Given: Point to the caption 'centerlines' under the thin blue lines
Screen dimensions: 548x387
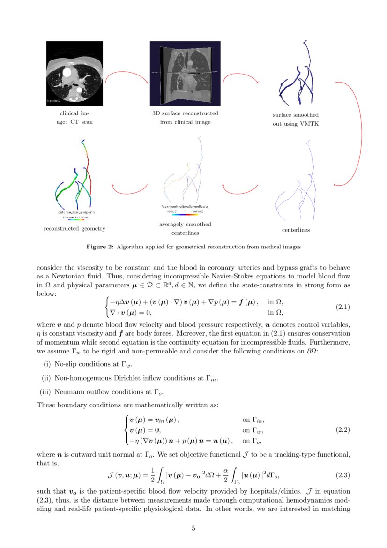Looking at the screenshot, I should click(296, 230).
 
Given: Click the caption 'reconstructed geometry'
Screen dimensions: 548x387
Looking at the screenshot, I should click(74, 229).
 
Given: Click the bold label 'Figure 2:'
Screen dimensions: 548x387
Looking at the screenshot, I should click(100, 246).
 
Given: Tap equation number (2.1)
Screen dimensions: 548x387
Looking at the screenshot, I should click(343, 307).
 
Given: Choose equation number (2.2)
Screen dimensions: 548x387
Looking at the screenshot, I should click(343, 429).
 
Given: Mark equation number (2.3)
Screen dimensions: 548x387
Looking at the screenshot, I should click(343, 475).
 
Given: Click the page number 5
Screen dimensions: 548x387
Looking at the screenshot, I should click(193, 528).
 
